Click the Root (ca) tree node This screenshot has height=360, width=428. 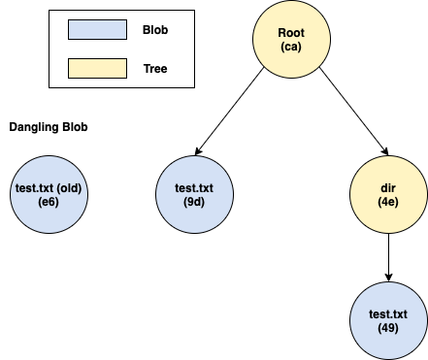pyautogui.click(x=291, y=40)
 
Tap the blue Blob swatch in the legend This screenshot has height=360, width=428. pyautogui.click(x=97, y=30)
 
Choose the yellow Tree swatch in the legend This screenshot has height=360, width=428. pyautogui.click(x=97, y=68)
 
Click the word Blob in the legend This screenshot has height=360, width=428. pyautogui.click(x=154, y=30)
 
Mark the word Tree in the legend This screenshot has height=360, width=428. pyautogui.click(x=154, y=68)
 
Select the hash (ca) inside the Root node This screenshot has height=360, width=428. pyautogui.click(x=291, y=48)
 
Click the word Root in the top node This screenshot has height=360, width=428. pyautogui.click(x=291, y=33)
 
